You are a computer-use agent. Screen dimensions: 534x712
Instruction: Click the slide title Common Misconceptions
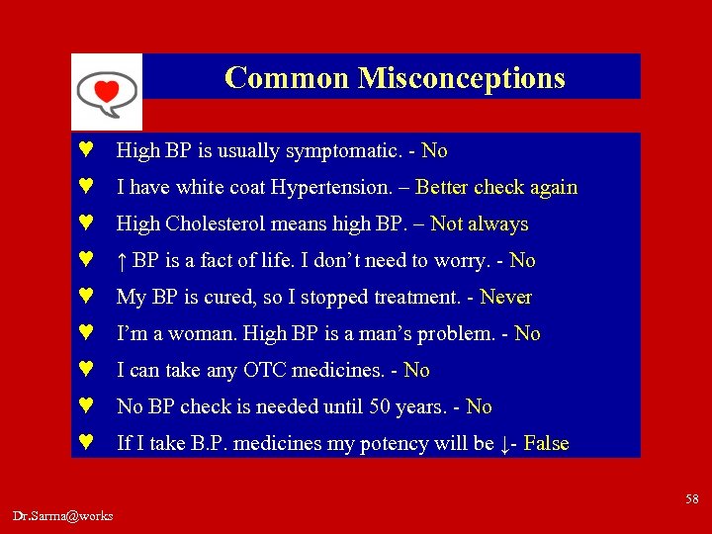[395, 77]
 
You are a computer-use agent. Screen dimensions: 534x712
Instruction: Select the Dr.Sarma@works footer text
[63, 515]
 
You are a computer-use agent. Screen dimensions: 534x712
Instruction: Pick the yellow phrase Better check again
[496, 188]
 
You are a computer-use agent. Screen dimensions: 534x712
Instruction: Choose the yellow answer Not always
[480, 224]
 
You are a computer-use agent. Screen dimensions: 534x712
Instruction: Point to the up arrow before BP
[121, 261]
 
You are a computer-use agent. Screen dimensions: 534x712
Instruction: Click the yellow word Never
[505, 298]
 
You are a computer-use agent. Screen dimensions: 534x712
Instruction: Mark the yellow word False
[546, 444]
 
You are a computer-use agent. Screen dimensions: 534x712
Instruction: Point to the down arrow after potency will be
[506, 444]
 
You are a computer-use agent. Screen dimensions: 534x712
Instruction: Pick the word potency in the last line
[394, 444]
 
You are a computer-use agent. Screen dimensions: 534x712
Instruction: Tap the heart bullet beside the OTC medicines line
[86, 371]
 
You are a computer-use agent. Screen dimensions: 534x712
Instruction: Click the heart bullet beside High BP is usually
[86, 151]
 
